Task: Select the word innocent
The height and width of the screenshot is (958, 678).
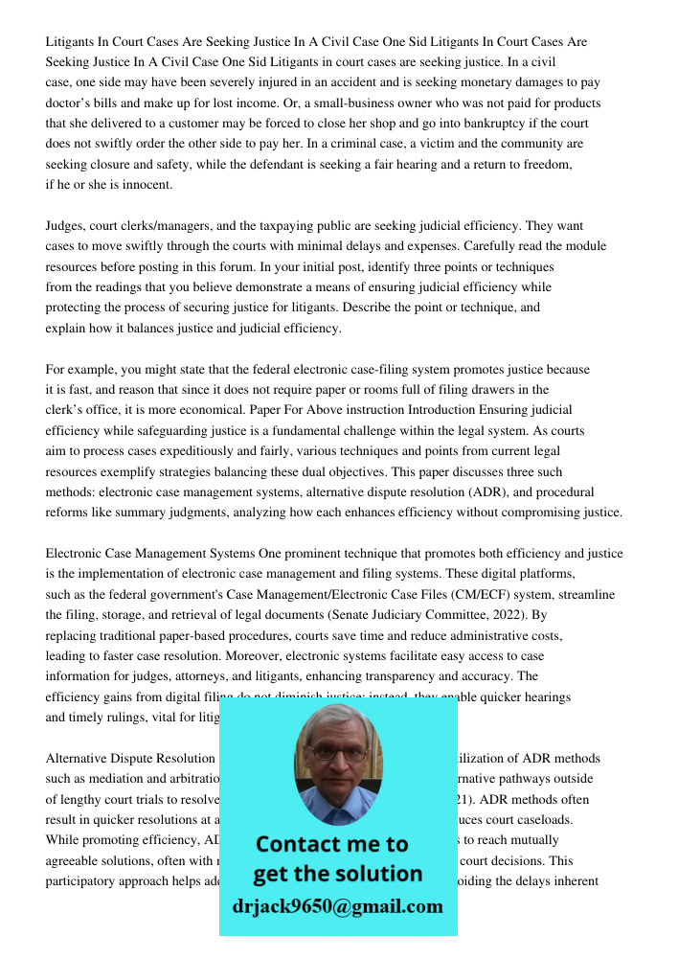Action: pos(147,185)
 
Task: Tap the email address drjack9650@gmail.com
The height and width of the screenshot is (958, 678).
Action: pos(338,906)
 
